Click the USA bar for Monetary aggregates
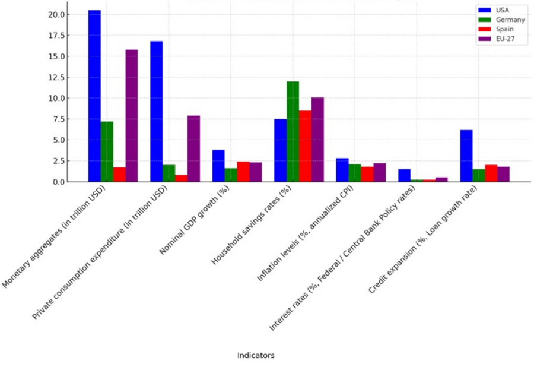coord(94,96)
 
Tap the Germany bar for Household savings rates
coord(293,131)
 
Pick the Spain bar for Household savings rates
coord(305,146)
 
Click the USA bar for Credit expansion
coord(466,156)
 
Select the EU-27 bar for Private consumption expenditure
coord(193,148)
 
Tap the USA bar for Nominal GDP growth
coord(218,166)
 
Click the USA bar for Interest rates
coord(404,175)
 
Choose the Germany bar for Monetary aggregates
coord(107,151)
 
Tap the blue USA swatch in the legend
coord(484,10)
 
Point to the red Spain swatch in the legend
coord(484,29)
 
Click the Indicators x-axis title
coord(256,356)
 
